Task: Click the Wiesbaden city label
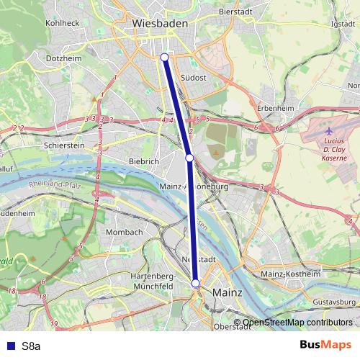[160, 24]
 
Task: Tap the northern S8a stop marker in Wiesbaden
[164, 57]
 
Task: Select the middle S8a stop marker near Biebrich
[189, 157]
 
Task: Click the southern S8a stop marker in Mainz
[195, 284]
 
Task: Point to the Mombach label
[124, 233]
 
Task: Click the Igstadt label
[343, 23]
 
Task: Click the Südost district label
[194, 77]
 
